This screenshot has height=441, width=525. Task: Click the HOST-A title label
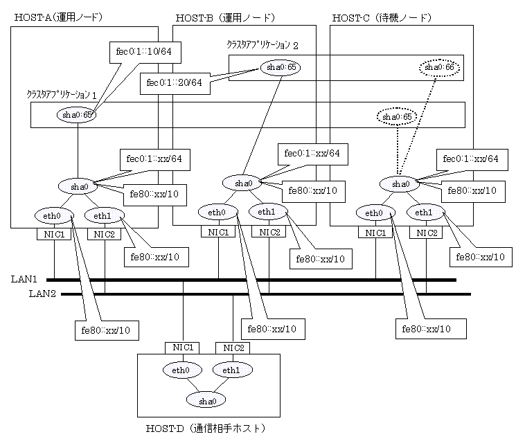(58, 17)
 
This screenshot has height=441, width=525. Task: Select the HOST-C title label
(382, 18)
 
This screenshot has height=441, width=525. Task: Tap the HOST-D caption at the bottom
(205, 429)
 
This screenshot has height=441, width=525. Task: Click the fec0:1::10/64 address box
(145, 52)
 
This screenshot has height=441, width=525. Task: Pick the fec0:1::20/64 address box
(175, 83)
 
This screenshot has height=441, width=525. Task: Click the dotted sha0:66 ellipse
(439, 68)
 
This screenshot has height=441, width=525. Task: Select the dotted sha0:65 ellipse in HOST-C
(397, 117)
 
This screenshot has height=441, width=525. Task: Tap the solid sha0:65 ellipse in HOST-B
(281, 67)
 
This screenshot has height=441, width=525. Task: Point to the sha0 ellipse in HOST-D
(206, 400)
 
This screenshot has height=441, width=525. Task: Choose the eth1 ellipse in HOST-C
(425, 213)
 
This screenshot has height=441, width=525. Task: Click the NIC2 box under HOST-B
(269, 232)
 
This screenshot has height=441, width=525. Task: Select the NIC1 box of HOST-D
(182, 348)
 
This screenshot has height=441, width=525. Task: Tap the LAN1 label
(24, 279)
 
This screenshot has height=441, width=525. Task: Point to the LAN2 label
(42, 294)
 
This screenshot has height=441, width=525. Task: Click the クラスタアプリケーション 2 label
(262, 45)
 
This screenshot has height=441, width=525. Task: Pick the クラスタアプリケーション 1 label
(61, 95)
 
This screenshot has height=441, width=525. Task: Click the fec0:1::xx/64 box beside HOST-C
(472, 160)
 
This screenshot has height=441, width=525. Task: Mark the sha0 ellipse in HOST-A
(78, 186)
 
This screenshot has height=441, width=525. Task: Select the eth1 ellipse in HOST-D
(233, 370)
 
